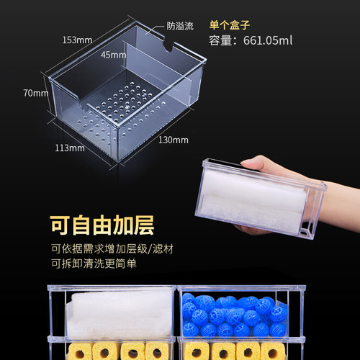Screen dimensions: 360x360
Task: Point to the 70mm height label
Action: (36, 93)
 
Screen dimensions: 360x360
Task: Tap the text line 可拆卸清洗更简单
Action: (92, 265)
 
